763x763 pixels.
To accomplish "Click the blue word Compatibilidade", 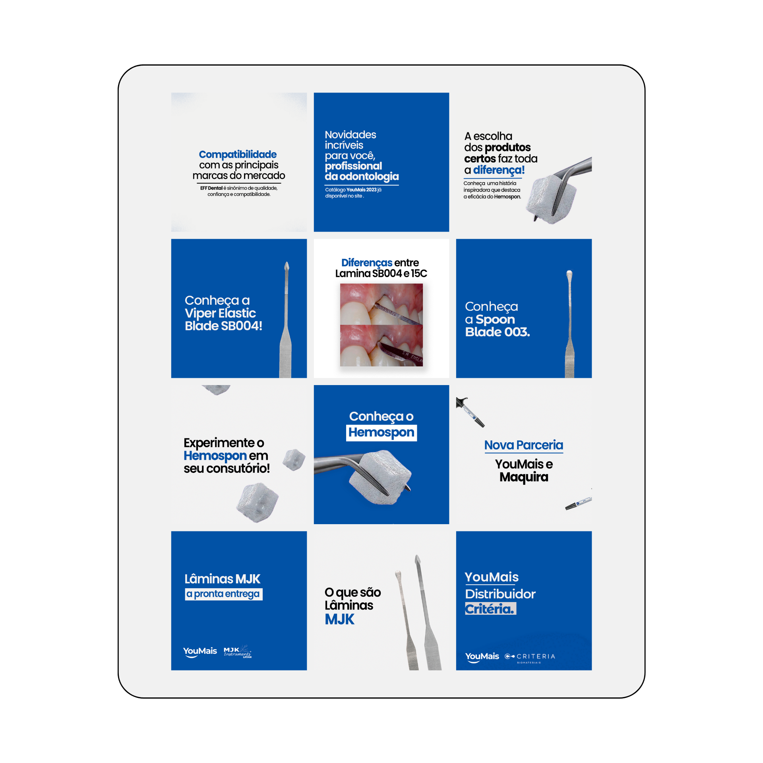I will pos(238,154).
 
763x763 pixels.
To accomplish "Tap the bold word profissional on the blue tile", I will pos(353,166).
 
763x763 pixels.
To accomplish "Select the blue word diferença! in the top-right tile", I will pos(499,170).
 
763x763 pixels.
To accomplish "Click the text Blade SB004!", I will pos(223,326).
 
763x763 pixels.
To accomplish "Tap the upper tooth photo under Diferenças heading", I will pos(381,304).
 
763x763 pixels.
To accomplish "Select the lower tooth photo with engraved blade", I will pos(381,345).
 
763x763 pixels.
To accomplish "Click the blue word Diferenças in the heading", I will pos(366,263).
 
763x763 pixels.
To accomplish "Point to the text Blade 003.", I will pos(498,332).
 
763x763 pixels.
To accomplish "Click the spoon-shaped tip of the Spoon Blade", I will pos(569,274).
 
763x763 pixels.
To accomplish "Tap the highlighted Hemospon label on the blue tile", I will pos(381,432).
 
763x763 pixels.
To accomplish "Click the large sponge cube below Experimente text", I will pos(257,502).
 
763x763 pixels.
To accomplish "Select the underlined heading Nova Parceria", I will pos(523,445).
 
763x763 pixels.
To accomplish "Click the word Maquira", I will pos(524,477).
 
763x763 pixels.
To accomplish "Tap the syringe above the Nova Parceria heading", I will pos(471,412).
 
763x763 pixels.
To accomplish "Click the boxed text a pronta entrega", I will pos(223,594).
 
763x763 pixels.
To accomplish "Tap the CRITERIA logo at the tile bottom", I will pos(530,657).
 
